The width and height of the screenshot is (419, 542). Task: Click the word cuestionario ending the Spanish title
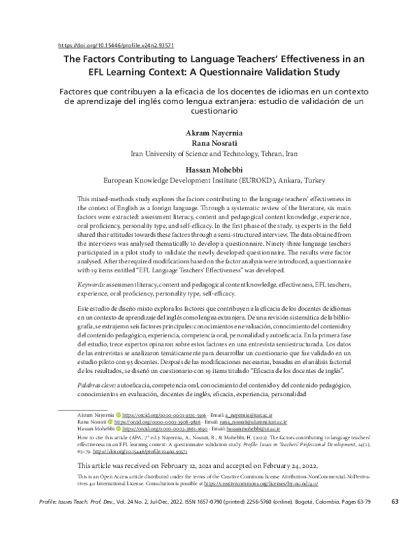pyautogui.click(x=209, y=111)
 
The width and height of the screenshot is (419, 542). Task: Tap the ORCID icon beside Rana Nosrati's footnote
pyautogui.click(x=109, y=422)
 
